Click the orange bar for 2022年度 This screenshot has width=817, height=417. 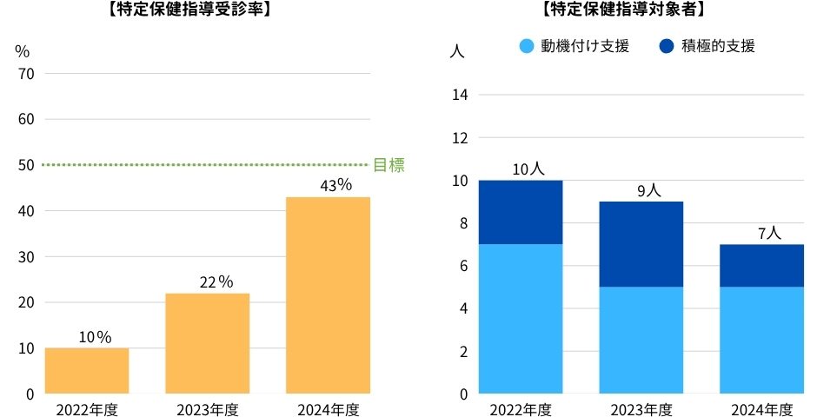tap(87, 371)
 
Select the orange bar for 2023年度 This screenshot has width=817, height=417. tap(208, 343)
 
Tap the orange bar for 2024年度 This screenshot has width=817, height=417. tap(329, 295)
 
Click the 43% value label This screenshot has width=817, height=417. tap(335, 185)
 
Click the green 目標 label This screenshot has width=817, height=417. tap(389, 165)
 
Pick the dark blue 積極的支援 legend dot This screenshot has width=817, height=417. tap(667, 46)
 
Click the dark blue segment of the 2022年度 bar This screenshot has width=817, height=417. tap(521, 212)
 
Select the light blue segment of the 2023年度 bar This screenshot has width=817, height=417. tap(641, 340)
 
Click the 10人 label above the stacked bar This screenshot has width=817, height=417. tap(528, 169)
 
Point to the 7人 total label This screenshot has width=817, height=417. tap(769, 233)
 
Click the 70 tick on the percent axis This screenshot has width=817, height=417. tap(25, 74)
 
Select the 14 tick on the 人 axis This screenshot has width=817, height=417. tap(461, 95)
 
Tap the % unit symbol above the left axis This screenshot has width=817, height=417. tap(23, 50)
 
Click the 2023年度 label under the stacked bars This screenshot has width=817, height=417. tap(641, 409)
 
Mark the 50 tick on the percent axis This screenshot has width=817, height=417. tap(25, 165)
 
